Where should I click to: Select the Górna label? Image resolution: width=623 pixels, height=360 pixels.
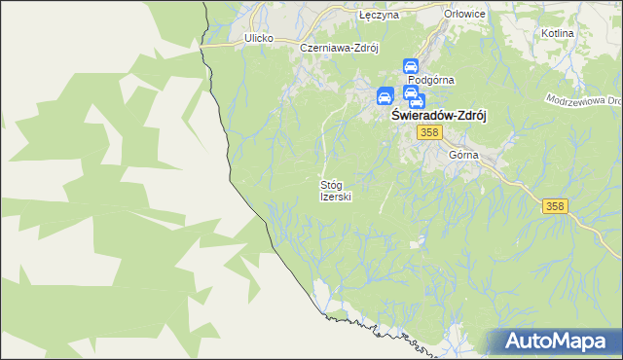[x=464, y=155]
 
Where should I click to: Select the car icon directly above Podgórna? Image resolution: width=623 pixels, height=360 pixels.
[x=411, y=67]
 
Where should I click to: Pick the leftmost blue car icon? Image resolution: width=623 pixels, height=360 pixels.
[x=385, y=96]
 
